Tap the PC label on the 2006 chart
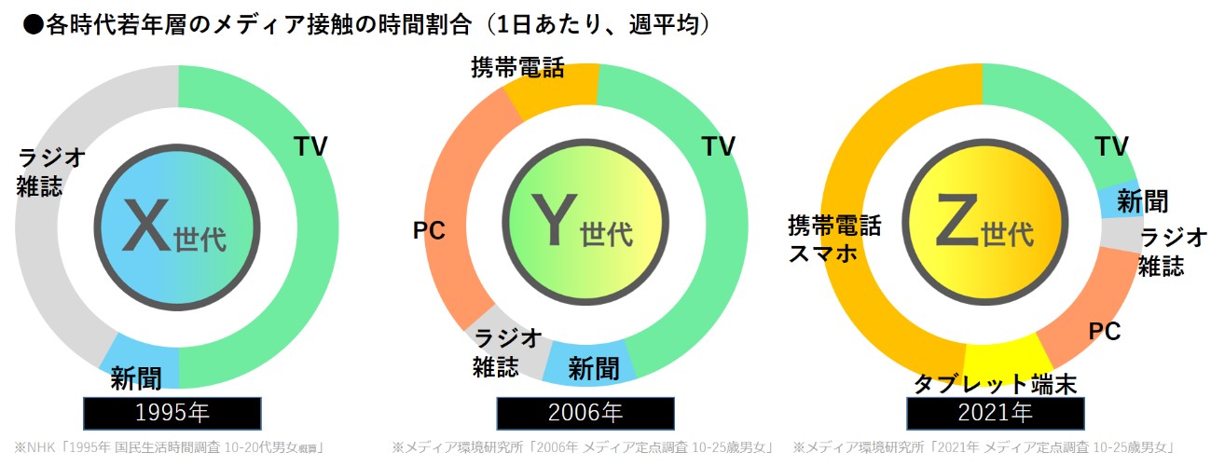point(429,229)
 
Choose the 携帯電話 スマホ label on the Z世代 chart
point(834,240)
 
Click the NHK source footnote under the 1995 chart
point(168,447)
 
